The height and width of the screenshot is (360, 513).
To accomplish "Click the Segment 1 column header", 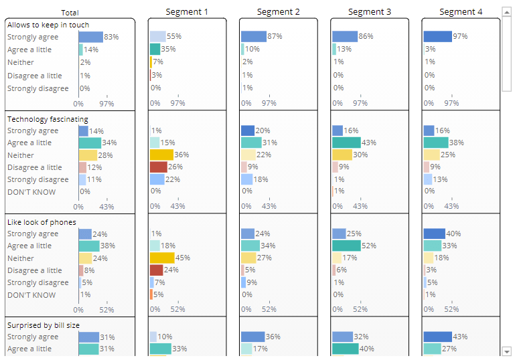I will point(187,12).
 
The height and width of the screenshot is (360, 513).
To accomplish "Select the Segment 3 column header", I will point(369,12).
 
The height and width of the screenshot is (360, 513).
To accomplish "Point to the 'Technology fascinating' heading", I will point(48,119).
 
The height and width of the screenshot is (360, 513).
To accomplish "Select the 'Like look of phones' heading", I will point(42,222).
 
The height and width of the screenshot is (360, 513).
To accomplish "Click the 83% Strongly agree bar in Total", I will point(90,37).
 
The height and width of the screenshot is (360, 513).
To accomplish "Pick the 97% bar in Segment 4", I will point(437,36).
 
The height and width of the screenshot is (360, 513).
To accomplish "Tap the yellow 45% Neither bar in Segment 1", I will point(161,258).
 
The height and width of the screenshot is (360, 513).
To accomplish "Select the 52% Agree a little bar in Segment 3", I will point(346,246).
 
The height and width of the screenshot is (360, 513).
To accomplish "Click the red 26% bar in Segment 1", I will point(158,167).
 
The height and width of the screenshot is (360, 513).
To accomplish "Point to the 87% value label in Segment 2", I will point(275,36).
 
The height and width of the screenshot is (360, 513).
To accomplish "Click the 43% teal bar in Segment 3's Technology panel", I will point(346,143).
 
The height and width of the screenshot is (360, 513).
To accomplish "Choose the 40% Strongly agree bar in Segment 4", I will point(434,234).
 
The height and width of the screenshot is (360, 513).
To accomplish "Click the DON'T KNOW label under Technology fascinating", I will point(31,192).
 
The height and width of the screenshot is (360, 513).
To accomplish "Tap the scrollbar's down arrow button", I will point(507,351).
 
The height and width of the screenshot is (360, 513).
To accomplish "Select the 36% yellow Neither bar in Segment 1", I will point(161,155).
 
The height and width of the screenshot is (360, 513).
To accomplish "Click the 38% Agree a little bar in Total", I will point(88,246).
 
